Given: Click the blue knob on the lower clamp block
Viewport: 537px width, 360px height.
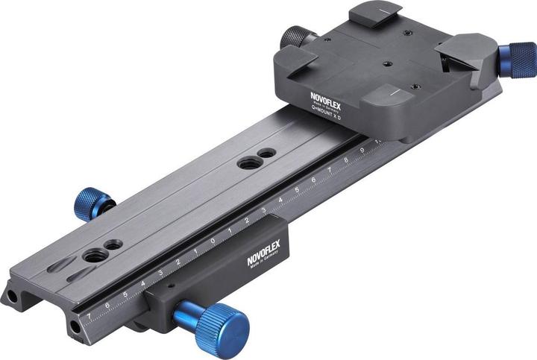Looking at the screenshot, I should (216, 326).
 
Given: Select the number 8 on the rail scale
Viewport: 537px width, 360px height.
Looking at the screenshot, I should (347, 160).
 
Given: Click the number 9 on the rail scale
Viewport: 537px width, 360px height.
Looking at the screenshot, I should (362, 150).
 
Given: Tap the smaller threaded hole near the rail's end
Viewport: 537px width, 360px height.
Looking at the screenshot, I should (113, 244).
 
